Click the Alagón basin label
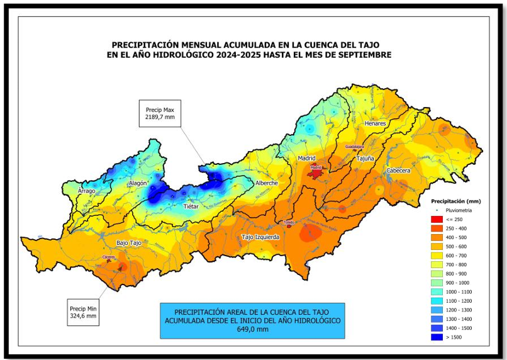coord(138,183)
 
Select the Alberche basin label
coord(266,183)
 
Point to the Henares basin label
coord(375,123)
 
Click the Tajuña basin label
coord(365,159)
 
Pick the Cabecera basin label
coord(398,171)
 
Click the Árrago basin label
coord(86,190)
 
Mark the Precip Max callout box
coord(160,113)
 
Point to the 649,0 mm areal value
coord(252,329)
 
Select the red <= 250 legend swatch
coord(437,219)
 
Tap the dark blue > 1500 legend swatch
coord(437,338)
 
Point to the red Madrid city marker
coord(315,168)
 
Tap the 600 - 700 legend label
coord(458,256)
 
